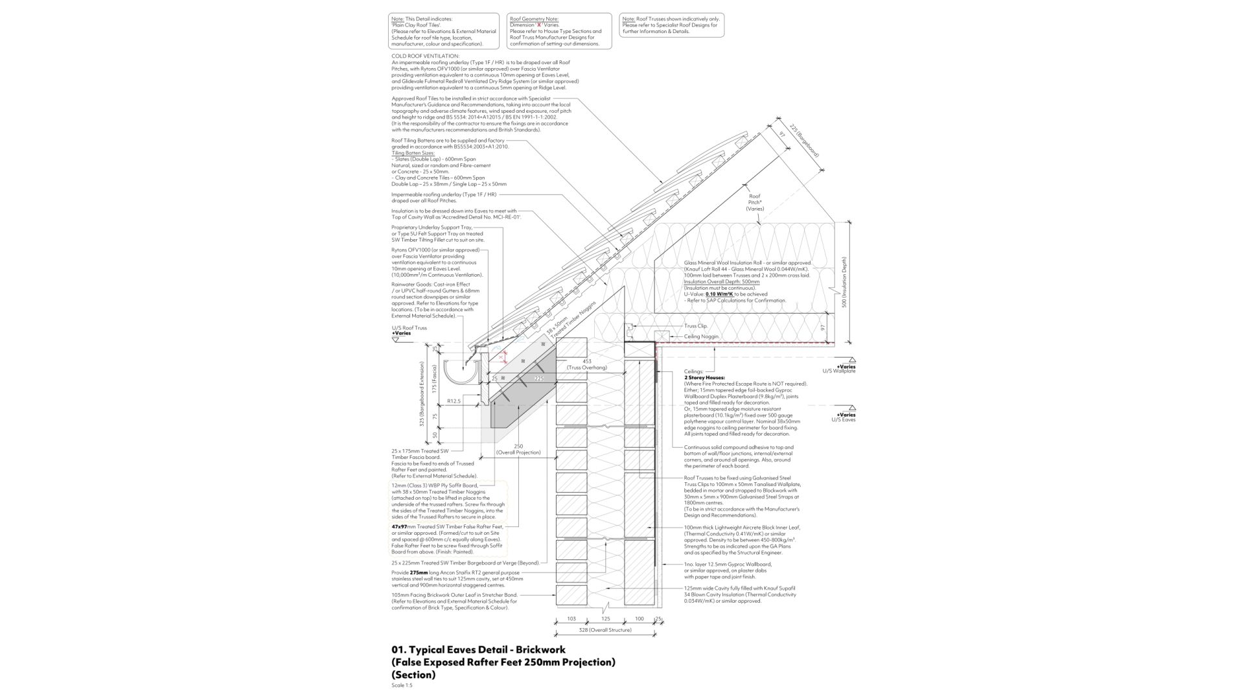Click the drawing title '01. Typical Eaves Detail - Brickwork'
pyautogui.click(x=478, y=649)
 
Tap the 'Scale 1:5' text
pyautogui.click(x=402, y=685)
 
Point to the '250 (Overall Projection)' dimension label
pyautogui.click(x=518, y=449)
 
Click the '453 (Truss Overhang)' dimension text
pyautogui.click(x=587, y=364)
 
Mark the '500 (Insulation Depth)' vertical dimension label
pyautogui.click(x=844, y=282)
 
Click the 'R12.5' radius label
pyautogui.click(x=453, y=401)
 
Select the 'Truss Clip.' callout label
pyautogui.click(x=695, y=326)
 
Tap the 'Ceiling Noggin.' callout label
pyautogui.click(x=701, y=336)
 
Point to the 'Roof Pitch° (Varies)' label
pyautogui.click(x=755, y=202)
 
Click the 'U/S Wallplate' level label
pyautogui.click(x=839, y=371)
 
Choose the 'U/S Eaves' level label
pyautogui.click(x=843, y=419)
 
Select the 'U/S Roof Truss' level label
pyautogui.click(x=409, y=328)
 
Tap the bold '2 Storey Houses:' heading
pyautogui.click(x=704, y=377)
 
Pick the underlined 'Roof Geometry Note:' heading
pyautogui.click(x=534, y=19)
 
